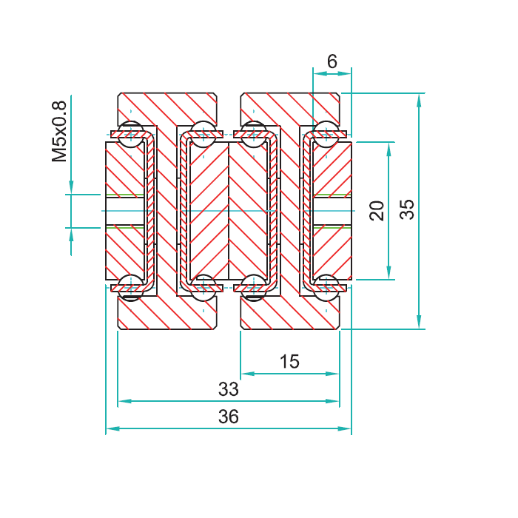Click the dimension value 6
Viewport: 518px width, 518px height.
pyautogui.click(x=332, y=61)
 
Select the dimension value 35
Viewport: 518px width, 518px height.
pyautogui.click(x=407, y=209)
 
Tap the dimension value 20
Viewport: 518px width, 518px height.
pyautogui.click(x=377, y=211)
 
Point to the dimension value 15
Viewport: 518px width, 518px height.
pyautogui.click(x=290, y=361)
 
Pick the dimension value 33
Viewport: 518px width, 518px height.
pyautogui.click(x=228, y=388)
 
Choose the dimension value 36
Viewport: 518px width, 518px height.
pyautogui.click(x=228, y=416)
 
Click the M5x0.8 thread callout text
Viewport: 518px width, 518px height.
pyautogui.click(x=59, y=132)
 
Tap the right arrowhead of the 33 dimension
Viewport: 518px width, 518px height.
pyautogui.click(x=333, y=401)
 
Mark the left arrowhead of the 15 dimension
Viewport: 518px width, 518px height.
pyautogui.click(x=248, y=374)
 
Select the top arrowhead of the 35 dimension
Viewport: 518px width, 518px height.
pyautogui.click(x=419, y=101)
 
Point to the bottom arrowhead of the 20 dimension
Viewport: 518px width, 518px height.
pyautogui.click(x=388, y=273)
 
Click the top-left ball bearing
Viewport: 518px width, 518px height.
pyautogui.click(x=131, y=134)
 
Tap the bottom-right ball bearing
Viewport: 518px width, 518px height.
pyautogui.click(x=326, y=288)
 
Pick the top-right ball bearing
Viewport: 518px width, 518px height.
pyautogui.click(x=326, y=134)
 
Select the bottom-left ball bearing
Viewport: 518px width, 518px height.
pyautogui.click(x=131, y=288)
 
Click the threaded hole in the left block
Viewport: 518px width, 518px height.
pyautogui.click(x=125, y=211)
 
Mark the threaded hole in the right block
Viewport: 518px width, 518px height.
pyautogui.click(x=332, y=211)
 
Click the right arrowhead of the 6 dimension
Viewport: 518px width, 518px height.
pyautogui.click(x=345, y=74)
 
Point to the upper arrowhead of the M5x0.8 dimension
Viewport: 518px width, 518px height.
pyautogui.click(x=71, y=187)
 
